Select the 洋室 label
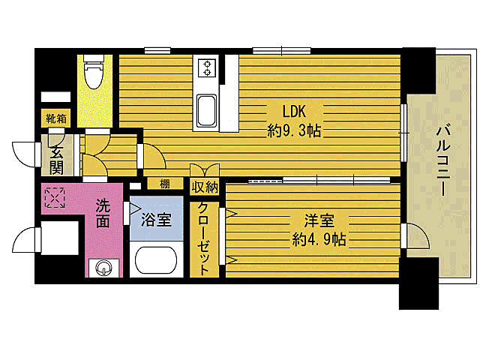(319, 221)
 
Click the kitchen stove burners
(206, 68)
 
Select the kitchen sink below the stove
(205, 109)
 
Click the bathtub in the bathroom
(156, 261)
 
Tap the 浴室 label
(156, 221)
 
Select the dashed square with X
(54, 197)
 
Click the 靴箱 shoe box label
(56, 118)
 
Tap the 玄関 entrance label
(56, 160)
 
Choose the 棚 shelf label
(163, 184)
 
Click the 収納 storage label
(205, 187)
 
